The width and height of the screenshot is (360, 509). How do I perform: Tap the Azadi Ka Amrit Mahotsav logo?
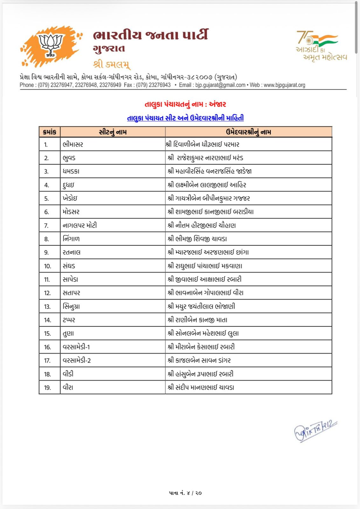(321, 45)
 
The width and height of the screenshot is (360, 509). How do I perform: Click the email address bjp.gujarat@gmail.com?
(220, 85)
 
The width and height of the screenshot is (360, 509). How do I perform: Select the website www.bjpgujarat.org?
(284, 85)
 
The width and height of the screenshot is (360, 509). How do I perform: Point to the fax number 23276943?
(160, 85)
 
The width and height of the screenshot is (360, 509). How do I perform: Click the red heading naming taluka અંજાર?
(185, 104)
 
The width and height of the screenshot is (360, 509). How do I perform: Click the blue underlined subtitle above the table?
(185, 118)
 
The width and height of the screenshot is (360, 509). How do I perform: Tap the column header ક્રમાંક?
(50, 132)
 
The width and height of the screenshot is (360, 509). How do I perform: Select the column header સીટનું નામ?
(113, 132)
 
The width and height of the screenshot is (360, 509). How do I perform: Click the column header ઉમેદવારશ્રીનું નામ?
(248, 132)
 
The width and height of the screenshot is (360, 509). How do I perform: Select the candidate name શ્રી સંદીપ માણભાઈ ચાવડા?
(201, 387)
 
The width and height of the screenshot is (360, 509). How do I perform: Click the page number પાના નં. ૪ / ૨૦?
(185, 493)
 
